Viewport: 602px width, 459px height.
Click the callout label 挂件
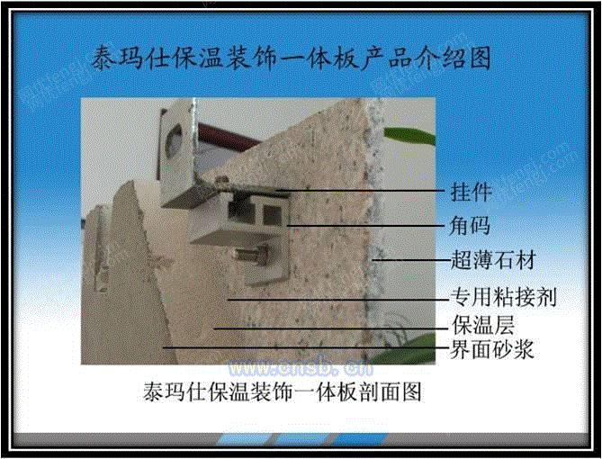click(471, 192)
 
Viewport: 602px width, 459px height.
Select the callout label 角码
click(470, 226)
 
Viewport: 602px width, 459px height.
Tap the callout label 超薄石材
click(493, 260)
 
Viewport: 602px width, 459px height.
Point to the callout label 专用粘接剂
click(503, 297)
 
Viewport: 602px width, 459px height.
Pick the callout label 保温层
click(482, 325)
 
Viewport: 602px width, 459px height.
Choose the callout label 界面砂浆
click(492, 349)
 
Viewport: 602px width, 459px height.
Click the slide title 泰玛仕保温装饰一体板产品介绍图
click(291, 58)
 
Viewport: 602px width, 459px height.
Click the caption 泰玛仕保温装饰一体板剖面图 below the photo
click(283, 391)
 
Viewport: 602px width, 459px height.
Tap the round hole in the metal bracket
click(174, 141)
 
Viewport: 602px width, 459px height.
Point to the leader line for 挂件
click(361, 190)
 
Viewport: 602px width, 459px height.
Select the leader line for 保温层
click(331, 328)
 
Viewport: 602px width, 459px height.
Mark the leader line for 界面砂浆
click(306, 347)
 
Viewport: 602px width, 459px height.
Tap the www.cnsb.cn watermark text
click(301, 368)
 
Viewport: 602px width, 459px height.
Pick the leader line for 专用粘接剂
click(337, 300)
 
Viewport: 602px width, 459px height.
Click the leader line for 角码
click(366, 226)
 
